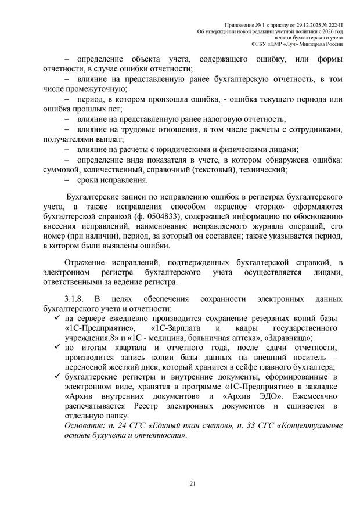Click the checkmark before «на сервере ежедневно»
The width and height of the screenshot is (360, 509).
coord(56,317)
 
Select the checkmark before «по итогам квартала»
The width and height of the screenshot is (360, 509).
coord(56,347)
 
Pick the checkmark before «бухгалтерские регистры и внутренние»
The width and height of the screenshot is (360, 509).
coord(56,377)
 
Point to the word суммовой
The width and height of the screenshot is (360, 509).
coord(63,169)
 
